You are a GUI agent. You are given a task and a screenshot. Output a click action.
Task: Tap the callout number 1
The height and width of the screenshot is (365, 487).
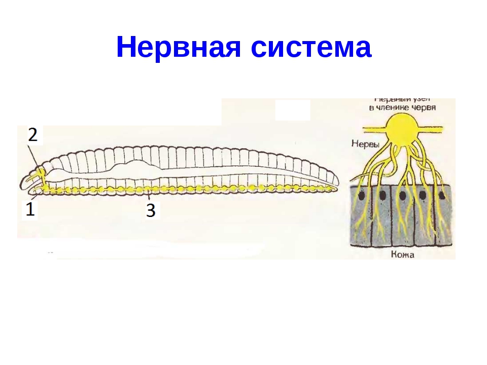tap(30, 209)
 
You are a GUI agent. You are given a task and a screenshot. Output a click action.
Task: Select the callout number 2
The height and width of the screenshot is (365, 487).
tap(32, 135)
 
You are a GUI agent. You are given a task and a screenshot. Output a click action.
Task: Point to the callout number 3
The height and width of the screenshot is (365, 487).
tap(151, 210)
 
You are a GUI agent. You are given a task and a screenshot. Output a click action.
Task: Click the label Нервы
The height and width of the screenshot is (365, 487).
tap(365, 144)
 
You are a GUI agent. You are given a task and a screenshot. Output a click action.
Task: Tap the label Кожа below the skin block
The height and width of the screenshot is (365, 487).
tap(403, 254)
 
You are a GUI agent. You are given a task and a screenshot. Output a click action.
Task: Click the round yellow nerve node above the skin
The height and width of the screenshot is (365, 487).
tap(403, 129)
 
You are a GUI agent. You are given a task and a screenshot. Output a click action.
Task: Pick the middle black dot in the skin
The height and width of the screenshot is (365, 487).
tap(403, 195)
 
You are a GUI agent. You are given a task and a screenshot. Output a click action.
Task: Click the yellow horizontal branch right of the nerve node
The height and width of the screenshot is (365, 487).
tap(434, 131)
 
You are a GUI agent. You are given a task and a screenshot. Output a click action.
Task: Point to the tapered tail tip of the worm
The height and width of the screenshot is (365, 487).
tap(336, 189)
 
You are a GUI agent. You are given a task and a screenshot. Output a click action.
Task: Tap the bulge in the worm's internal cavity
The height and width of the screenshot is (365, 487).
tap(134, 166)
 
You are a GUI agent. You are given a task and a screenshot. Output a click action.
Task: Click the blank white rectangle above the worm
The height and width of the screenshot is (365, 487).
tap(293, 110)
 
